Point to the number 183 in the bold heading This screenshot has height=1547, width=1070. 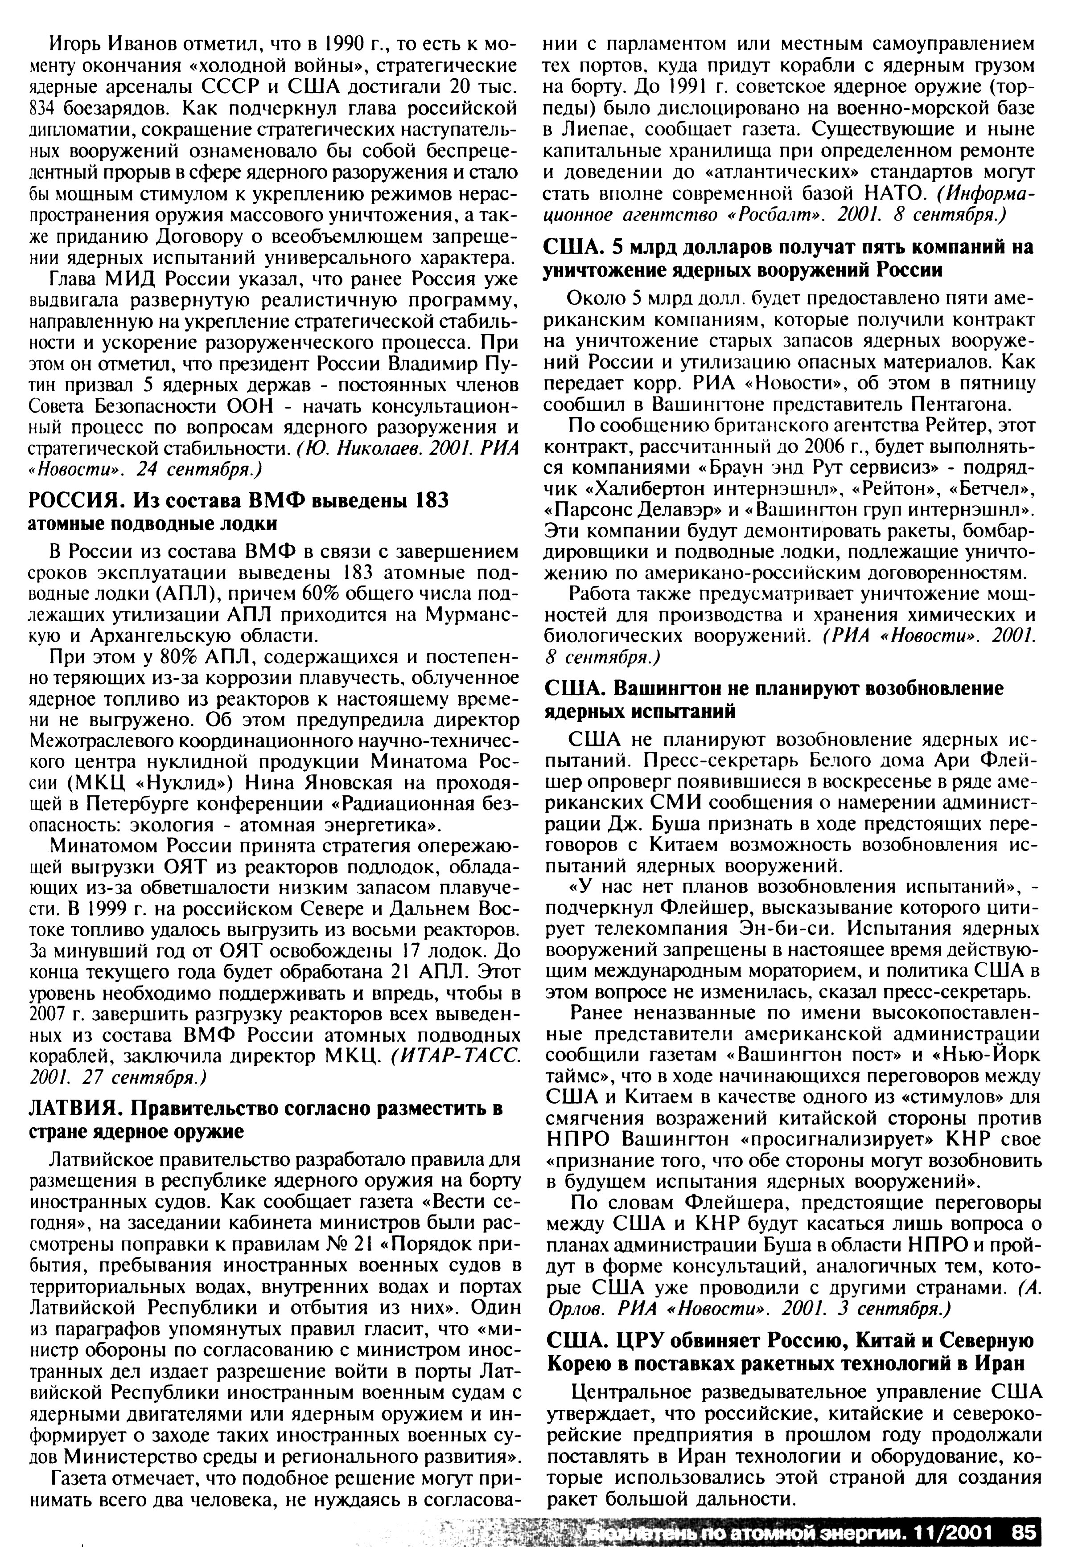tap(429, 501)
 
